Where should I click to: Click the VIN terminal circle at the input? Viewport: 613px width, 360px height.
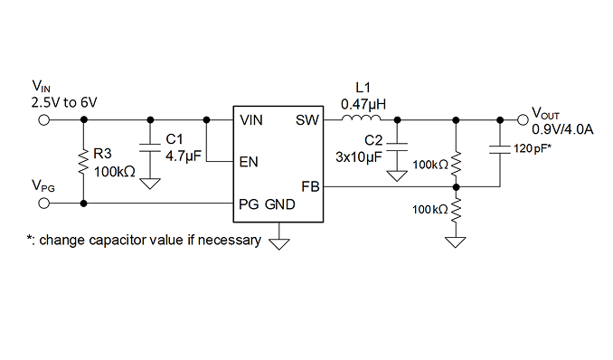(44, 119)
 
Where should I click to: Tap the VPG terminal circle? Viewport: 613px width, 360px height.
(44, 204)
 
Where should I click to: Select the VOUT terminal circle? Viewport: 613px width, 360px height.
(523, 119)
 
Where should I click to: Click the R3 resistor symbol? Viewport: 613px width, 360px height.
(83, 163)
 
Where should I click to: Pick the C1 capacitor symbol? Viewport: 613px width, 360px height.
(150, 147)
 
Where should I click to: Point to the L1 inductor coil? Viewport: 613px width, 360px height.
(361, 118)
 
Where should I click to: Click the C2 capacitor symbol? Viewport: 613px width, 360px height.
(397, 147)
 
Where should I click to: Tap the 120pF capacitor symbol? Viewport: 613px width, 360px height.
(500, 149)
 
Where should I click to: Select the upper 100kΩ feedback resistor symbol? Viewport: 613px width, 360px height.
(456, 164)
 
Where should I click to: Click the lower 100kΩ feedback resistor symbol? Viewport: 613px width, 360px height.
(456, 210)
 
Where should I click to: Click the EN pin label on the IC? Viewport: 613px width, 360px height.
(249, 162)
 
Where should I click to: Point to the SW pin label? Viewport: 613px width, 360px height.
(307, 120)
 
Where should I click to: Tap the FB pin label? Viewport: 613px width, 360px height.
(310, 187)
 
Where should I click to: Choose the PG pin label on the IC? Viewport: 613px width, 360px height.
(249, 204)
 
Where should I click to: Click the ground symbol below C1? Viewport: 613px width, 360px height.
(150, 184)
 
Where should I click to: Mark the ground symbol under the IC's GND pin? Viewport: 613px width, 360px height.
(279, 244)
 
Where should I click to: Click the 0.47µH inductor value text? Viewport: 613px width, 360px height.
(363, 105)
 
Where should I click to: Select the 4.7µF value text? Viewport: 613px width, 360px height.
(184, 156)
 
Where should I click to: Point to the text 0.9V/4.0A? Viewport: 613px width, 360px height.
(562, 129)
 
